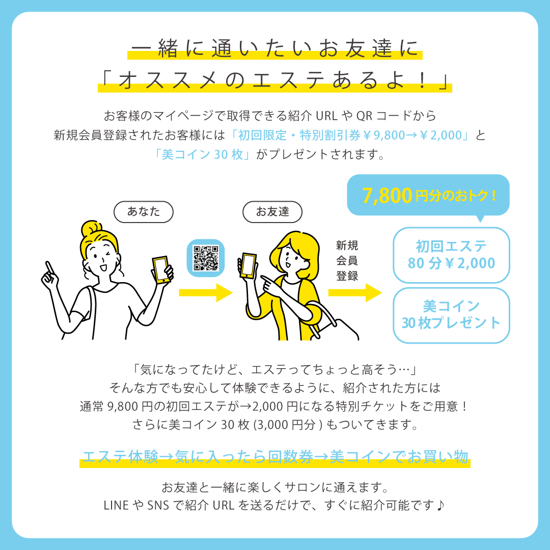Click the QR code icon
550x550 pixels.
pyautogui.click(x=206, y=258)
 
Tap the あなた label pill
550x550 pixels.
pyautogui.click(x=144, y=212)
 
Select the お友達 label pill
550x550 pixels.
pyautogui.click(x=272, y=212)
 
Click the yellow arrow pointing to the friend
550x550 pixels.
pyautogui.click(x=206, y=292)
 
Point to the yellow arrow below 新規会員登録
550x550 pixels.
pyautogui.click(x=355, y=292)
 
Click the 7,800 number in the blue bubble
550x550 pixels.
pyautogui.click(x=387, y=196)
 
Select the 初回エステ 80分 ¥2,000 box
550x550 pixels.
pyautogui.click(x=451, y=255)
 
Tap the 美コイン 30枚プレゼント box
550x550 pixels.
pyautogui.click(x=451, y=315)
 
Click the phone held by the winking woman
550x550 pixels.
pyautogui.click(x=161, y=269)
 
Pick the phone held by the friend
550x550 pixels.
pyautogui.click(x=248, y=265)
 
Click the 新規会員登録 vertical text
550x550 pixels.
pyautogui.click(x=347, y=261)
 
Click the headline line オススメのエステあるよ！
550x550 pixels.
pyautogui.click(x=274, y=80)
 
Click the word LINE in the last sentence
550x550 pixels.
pyautogui.click(x=116, y=506)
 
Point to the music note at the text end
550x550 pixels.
pyautogui.click(x=441, y=505)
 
